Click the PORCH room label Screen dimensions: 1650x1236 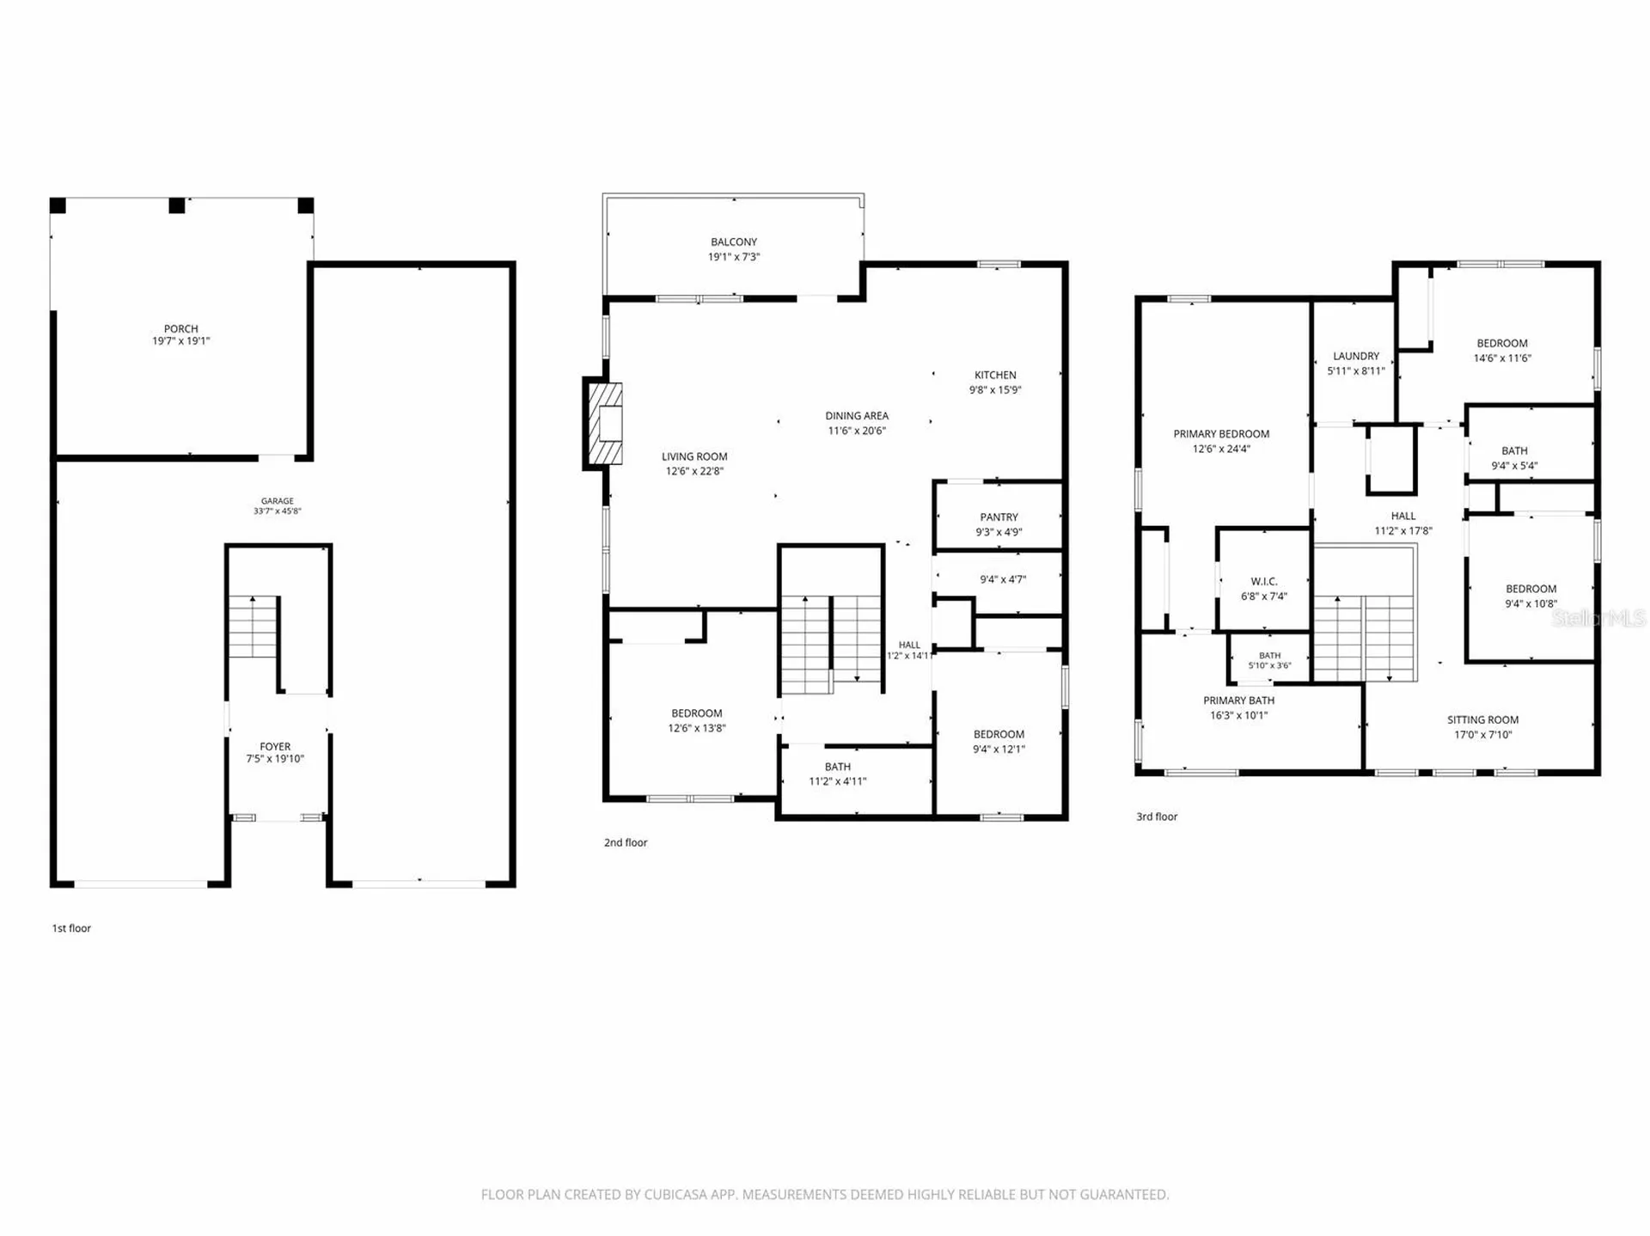[x=181, y=329]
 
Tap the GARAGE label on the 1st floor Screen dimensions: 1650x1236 [x=278, y=501]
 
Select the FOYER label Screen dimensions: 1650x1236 [x=276, y=747]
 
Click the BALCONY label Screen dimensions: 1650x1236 [x=734, y=242]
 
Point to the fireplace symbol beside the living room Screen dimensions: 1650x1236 [x=604, y=423]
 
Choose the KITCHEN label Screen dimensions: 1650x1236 [x=995, y=375]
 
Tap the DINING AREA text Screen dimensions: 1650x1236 [x=857, y=416]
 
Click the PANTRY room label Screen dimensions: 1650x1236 [x=999, y=517]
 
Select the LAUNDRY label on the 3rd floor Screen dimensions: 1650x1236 [x=1356, y=356]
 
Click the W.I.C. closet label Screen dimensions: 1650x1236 [x=1264, y=582]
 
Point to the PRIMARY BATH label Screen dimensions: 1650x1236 [x=1238, y=701]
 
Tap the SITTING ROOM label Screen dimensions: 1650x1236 [x=1482, y=720]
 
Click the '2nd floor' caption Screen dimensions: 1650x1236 [x=626, y=843]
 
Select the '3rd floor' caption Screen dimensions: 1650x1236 [x=1157, y=817]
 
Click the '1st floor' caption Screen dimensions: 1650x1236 [x=71, y=928]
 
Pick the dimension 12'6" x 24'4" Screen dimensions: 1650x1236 [x=1221, y=449]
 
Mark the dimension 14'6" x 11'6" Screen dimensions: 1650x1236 [x=1502, y=358]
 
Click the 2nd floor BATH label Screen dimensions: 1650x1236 [x=838, y=767]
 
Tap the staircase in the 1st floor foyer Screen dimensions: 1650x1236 [x=253, y=627]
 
